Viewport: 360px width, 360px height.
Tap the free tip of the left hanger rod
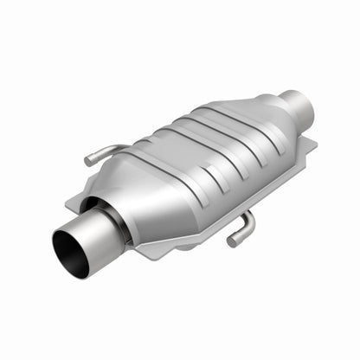(88, 161)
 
